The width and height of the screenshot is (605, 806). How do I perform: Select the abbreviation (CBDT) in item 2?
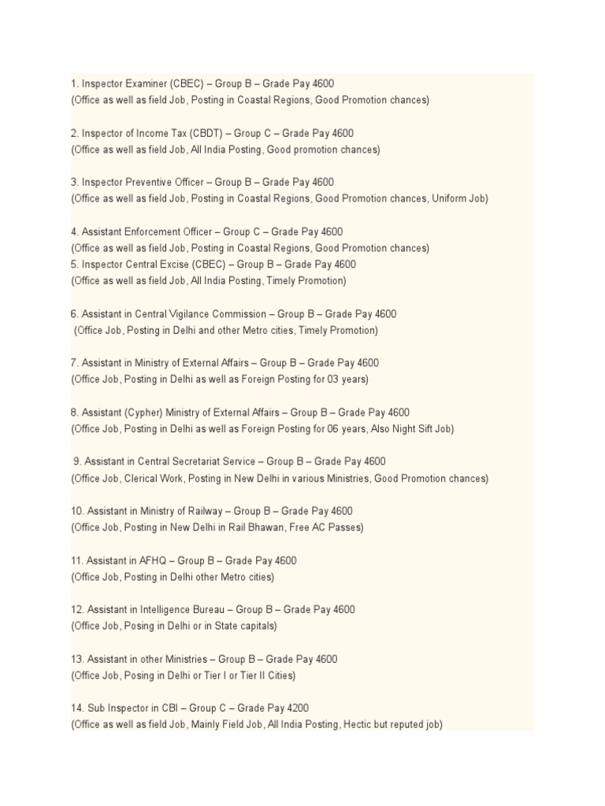(208, 133)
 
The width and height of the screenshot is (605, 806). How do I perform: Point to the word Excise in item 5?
(182, 264)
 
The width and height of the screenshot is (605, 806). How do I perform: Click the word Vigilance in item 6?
(182, 314)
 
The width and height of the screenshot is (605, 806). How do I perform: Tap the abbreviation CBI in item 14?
(154, 708)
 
